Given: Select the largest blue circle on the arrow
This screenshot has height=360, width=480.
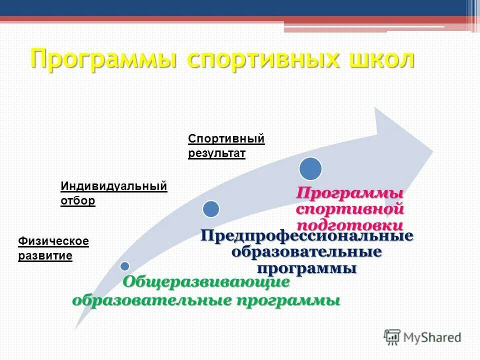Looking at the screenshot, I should coord(310,168).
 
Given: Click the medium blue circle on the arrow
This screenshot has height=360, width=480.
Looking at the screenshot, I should coord(211,208).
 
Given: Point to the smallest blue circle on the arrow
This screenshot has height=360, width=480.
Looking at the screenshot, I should coord(124,266).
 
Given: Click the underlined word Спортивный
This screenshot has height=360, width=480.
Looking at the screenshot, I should coord(226,138).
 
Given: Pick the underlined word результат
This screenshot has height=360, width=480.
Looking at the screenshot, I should coord(216,153).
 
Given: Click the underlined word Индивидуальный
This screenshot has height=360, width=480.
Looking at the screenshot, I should coord(113,186).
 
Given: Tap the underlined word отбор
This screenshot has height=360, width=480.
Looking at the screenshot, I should coord(77,201).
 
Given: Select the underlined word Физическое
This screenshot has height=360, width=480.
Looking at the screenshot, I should coord(53,241).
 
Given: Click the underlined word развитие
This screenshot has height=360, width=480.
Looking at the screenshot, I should coord(45,256).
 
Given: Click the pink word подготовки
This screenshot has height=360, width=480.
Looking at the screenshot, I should coord(350,224).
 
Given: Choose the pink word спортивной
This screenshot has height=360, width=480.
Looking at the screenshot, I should coord(350,208).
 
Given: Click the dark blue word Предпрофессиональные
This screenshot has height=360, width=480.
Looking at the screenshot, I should coord(307,235).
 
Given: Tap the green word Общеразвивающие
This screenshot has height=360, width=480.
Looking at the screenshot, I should coord(206,282).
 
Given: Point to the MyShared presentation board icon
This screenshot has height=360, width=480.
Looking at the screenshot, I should coord(392,337).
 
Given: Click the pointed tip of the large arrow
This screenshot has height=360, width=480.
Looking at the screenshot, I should coord(432,149).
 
